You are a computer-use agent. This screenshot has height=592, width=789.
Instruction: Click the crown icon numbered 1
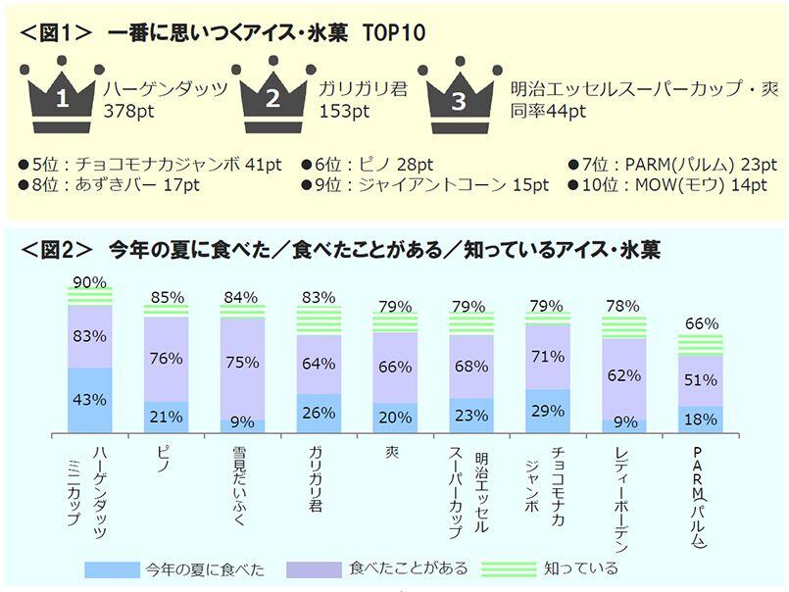coord(61,94)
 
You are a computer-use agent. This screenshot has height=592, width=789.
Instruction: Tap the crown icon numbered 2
coord(273,94)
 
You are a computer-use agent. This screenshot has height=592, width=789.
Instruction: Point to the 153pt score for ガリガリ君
coord(344,111)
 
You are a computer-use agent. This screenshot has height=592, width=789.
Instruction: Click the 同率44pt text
coord(548,111)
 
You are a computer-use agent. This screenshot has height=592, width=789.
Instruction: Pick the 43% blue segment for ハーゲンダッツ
coord(89,400)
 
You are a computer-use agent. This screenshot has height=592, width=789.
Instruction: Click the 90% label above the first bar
coord(89,282)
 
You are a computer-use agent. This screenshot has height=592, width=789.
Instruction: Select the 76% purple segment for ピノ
coord(166,359)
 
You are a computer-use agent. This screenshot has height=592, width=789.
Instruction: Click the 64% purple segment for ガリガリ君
coord(319,365)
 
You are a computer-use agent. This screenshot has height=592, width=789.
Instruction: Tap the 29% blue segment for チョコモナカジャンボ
coord(548,410)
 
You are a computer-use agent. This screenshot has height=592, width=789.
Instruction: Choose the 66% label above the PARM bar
coord(701,323)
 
